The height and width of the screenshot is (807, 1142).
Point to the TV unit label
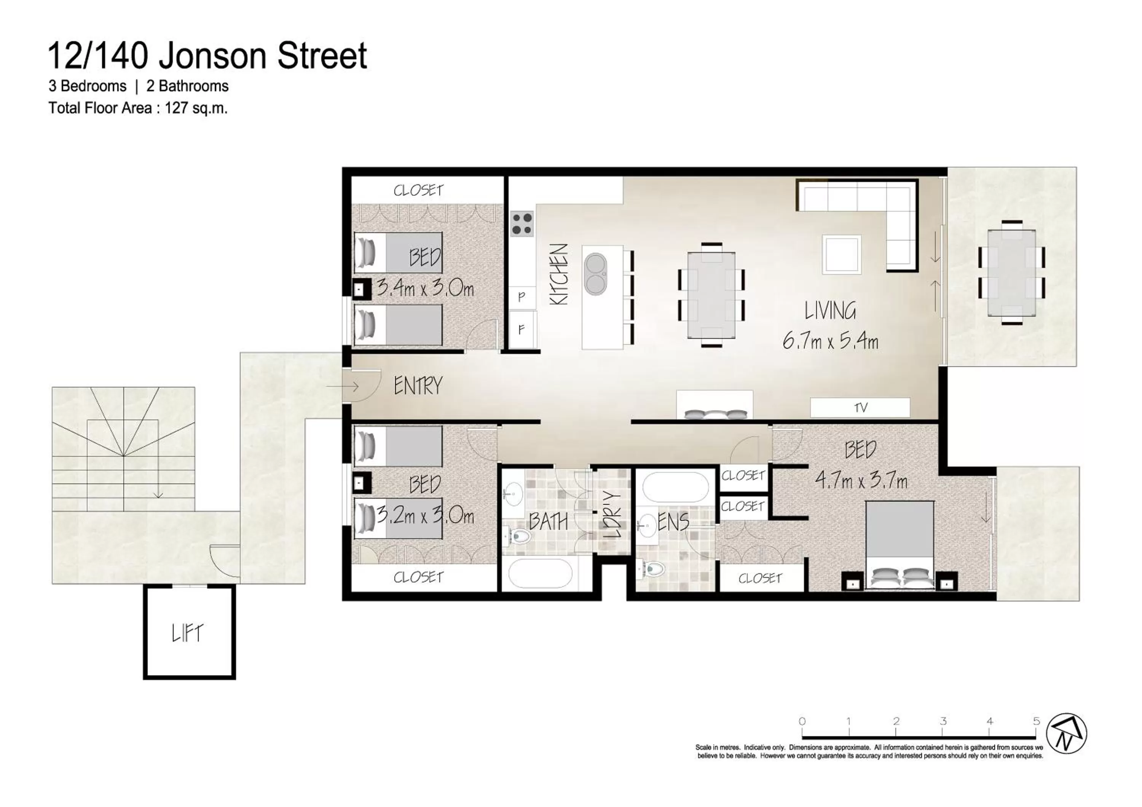[x=860, y=408]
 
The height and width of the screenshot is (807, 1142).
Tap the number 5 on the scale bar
[x=1036, y=721]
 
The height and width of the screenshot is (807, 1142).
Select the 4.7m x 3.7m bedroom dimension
[x=860, y=481]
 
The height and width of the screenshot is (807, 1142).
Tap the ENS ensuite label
[x=673, y=522]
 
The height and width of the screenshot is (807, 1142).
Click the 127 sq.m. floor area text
[x=196, y=108]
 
